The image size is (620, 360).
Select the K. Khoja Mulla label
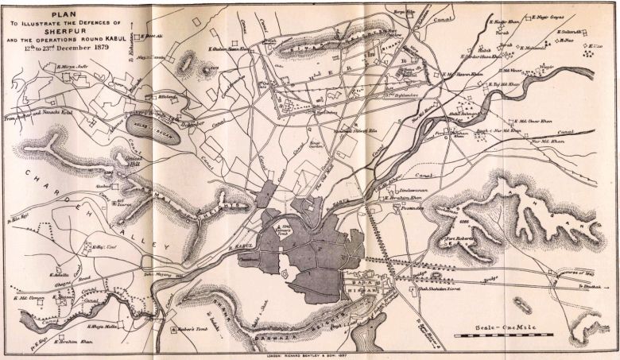(101, 326)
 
